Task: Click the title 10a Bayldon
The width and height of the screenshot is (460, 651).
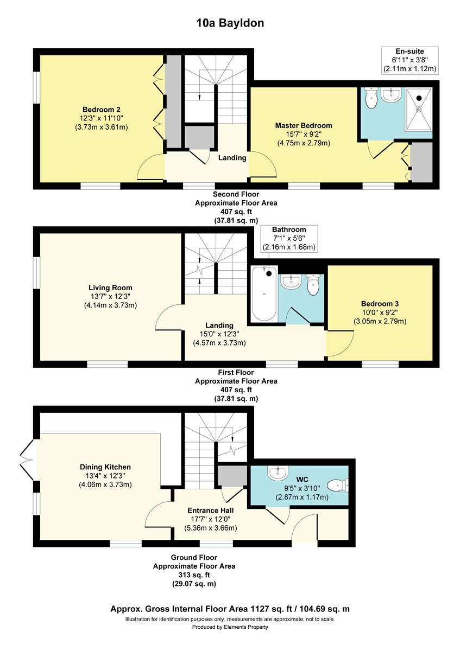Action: point(230,23)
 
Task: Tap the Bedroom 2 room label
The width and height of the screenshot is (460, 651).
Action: point(101,110)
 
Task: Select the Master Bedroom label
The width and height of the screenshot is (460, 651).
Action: point(304,125)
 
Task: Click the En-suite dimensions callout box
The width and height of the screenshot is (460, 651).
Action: point(410,60)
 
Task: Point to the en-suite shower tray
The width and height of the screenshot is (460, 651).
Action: point(419,108)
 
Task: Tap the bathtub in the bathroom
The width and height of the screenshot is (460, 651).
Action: point(264,294)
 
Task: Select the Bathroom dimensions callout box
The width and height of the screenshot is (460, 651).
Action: point(289,238)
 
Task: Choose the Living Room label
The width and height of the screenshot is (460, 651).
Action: point(110,288)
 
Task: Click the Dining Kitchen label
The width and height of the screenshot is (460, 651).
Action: point(105,467)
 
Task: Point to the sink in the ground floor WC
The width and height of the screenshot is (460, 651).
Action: point(279,473)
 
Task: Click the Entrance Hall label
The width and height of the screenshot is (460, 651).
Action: point(210,510)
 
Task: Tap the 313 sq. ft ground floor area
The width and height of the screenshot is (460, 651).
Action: point(194,575)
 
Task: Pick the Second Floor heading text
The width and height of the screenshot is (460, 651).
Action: point(236,194)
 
